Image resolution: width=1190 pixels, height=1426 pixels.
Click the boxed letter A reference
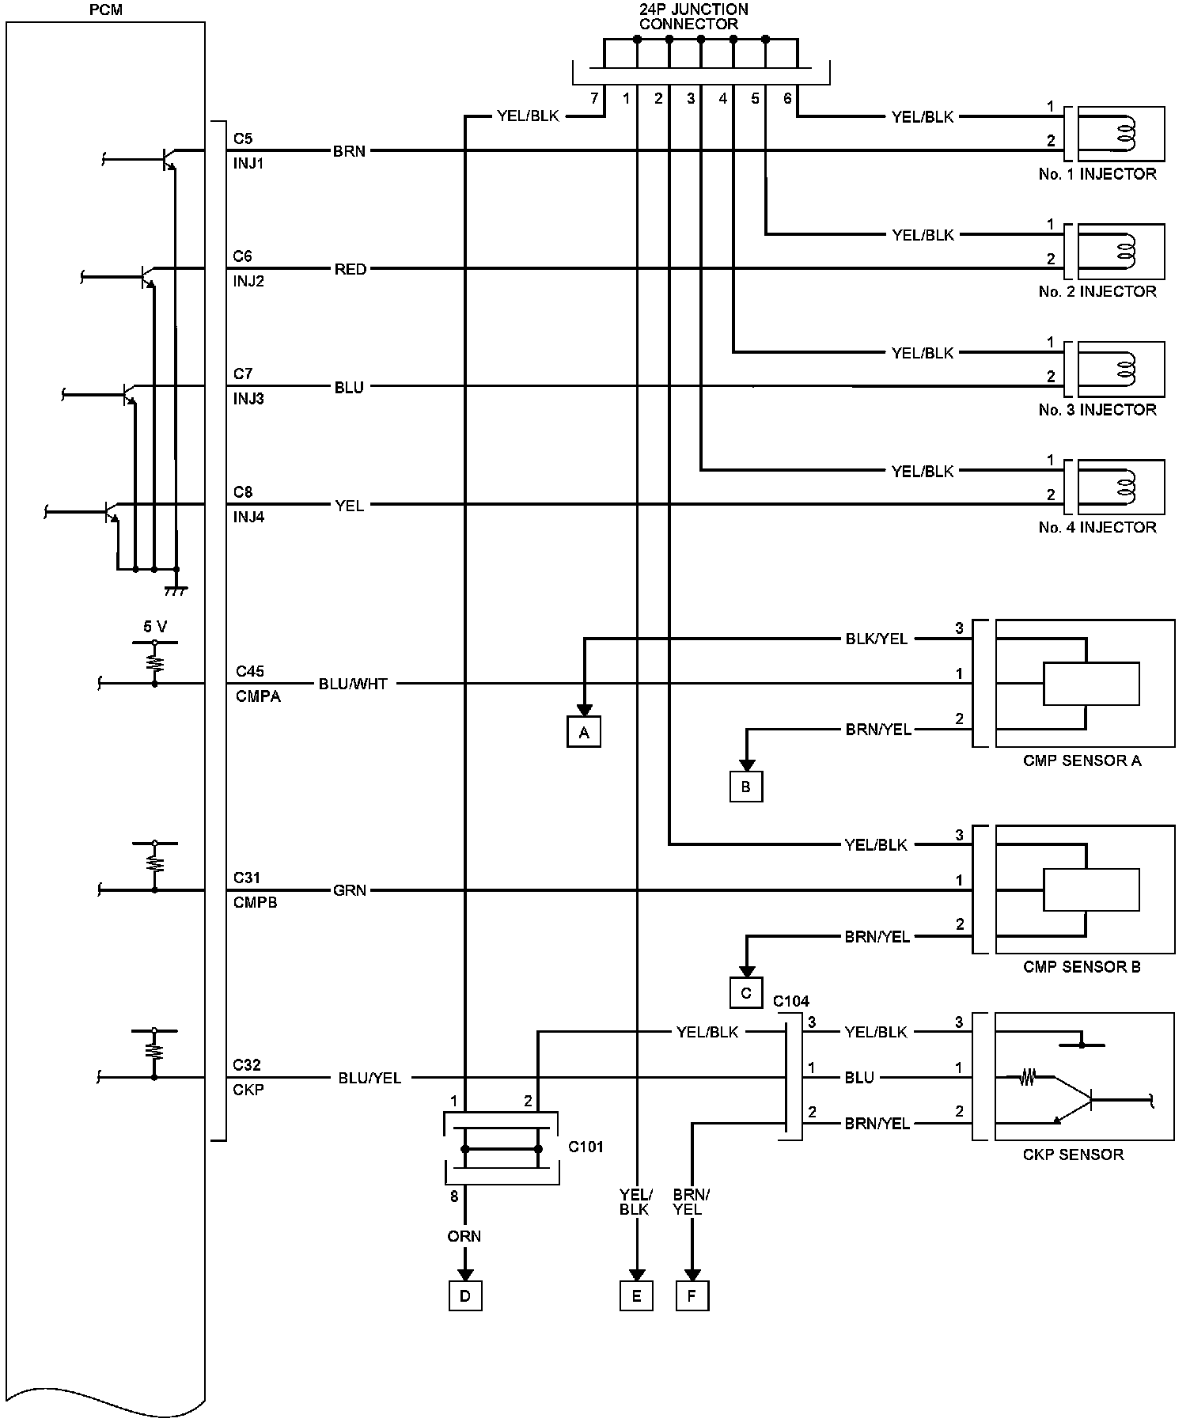[584, 733]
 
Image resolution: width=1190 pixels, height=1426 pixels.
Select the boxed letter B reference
[745, 787]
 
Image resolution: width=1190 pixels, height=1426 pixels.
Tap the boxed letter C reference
[745, 994]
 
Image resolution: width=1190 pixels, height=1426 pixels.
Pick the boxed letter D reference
[465, 1296]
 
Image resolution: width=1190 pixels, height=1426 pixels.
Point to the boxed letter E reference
[636, 1296]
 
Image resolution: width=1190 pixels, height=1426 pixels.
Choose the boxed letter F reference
[692, 1296]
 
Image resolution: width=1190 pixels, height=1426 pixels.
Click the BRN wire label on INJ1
[349, 151]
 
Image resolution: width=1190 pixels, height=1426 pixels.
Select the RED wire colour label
[350, 270]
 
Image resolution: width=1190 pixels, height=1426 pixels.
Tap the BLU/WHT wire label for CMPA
[353, 685]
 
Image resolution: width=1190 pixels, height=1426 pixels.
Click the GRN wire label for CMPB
[350, 891]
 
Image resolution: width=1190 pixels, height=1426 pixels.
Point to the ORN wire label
[464, 1237]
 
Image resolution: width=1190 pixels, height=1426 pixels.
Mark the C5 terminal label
[243, 139]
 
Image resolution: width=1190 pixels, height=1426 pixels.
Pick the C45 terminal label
[250, 672]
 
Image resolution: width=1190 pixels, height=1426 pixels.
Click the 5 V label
[155, 627]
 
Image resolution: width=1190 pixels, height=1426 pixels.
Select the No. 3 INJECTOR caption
[1097, 410]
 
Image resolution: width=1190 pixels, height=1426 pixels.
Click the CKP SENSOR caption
[1073, 1155]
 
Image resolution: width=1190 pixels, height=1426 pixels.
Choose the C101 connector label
[586, 1147]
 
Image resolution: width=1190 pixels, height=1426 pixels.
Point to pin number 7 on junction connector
[594, 99]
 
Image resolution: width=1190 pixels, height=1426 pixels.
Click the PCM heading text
[107, 9]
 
